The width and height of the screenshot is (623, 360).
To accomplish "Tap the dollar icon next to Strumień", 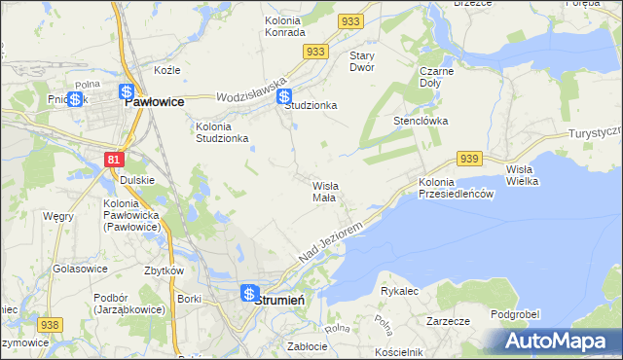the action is [x=249, y=293].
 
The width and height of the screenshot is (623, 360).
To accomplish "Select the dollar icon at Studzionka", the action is [x=283, y=96].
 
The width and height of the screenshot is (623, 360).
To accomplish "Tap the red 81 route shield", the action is [x=115, y=158].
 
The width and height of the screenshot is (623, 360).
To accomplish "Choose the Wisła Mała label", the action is [x=324, y=191].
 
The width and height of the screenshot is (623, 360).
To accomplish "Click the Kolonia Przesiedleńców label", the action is [x=458, y=189].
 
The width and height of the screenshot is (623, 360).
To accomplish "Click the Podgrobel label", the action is [x=515, y=314].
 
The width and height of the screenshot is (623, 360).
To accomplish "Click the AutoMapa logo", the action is [x=558, y=342].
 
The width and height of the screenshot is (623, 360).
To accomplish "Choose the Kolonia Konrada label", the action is [x=284, y=25].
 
